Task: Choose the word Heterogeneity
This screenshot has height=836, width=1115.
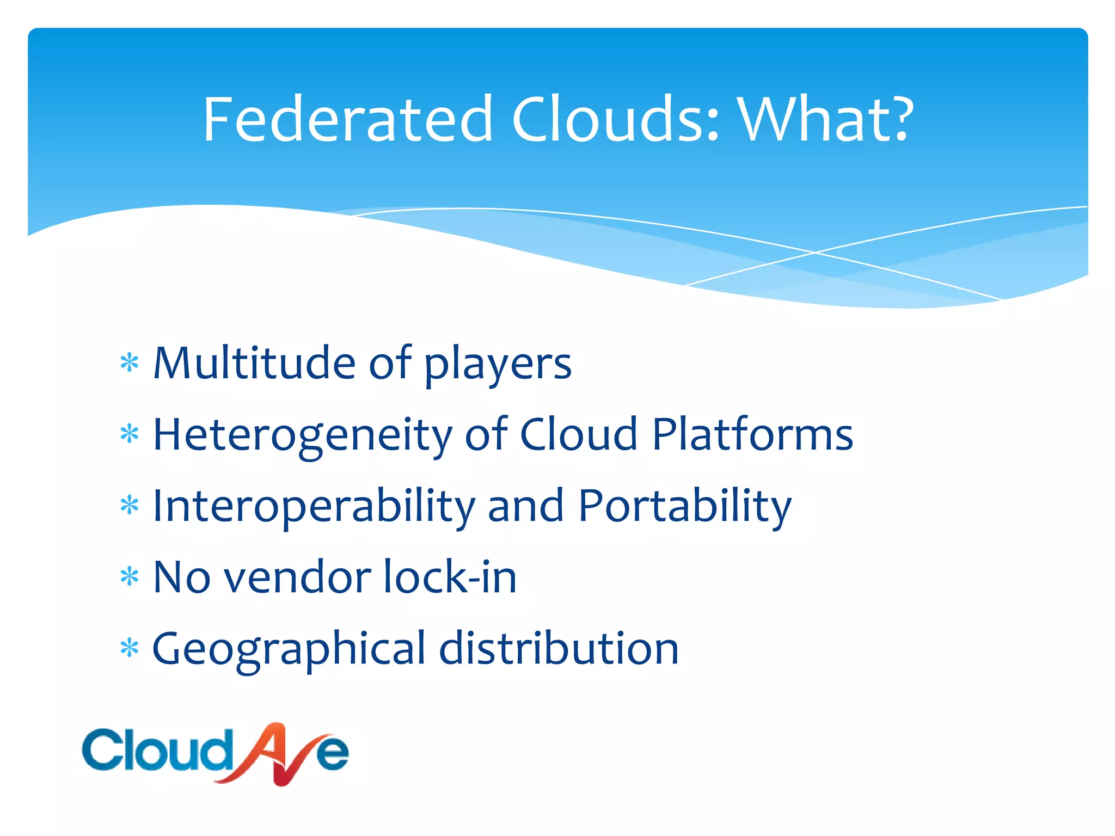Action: click(302, 435)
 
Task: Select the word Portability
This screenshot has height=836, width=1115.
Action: click(684, 506)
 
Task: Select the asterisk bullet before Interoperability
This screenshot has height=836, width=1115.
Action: click(130, 506)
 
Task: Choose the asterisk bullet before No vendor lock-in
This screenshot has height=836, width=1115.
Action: click(130, 577)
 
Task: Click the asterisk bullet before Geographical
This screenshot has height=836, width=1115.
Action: click(130, 648)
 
